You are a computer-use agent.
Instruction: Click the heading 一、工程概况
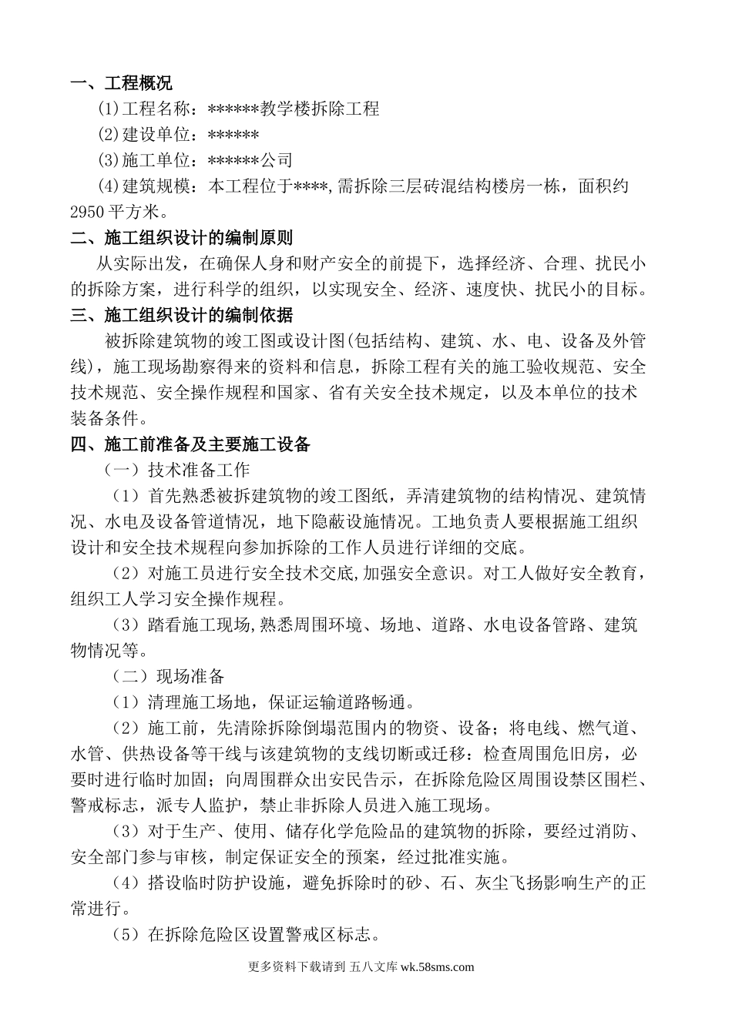[121, 82]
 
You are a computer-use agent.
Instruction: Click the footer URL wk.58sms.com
[438, 967]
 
